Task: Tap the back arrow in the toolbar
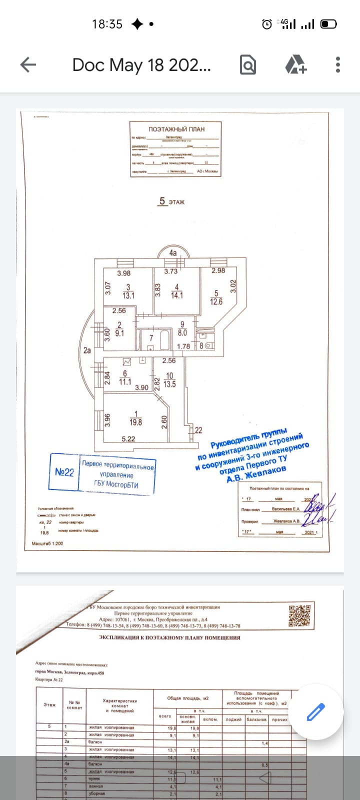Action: tap(28, 64)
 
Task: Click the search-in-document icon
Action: tap(248, 64)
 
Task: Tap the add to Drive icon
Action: tap(295, 64)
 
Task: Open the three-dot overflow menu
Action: tap(338, 64)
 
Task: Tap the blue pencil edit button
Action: tap(316, 711)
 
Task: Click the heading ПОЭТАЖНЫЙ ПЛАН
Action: tap(176, 129)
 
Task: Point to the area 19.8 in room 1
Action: tap(135, 422)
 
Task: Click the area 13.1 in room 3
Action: tap(128, 295)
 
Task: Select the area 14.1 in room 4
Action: tap(176, 295)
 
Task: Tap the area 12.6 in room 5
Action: tap(216, 302)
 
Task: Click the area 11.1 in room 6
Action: tap(125, 382)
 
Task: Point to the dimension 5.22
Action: tap(128, 439)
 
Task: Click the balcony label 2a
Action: tap(87, 350)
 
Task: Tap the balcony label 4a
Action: tap(173, 253)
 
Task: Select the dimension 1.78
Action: tap(183, 346)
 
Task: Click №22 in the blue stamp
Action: tap(64, 472)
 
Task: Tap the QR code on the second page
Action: tap(300, 615)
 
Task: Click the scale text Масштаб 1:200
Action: tap(47, 543)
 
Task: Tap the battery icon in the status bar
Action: tap(328, 24)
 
